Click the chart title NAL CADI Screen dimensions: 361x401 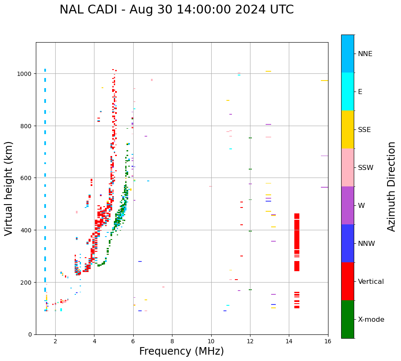(x=88, y=10)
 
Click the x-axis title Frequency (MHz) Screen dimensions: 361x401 (x=181, y=351)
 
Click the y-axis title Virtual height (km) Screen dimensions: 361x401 (x=9, y=188)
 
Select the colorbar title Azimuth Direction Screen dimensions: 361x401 (x=392, y=186)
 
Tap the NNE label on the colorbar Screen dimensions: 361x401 (x=365, y=54)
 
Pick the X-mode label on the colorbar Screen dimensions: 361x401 (x=371, y=320)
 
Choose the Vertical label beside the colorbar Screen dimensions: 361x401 (x=371, y=281)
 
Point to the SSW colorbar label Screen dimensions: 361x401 (x=366, y=167)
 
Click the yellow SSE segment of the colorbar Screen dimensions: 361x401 (x=347, y=129)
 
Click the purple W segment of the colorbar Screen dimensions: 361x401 (x=347, y=205)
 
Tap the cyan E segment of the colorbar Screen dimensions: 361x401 (x=347, y=92)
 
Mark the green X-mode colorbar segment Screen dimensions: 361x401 (x=347, y=319)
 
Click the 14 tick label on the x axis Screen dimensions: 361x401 (x=289, y=341)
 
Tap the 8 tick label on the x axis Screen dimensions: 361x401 (x=172, y=341)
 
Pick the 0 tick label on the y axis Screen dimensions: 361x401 (x=30, y=334)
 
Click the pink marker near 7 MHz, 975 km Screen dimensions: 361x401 (x=152, y=80)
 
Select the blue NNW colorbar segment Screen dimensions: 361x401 (x=347, y=243)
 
